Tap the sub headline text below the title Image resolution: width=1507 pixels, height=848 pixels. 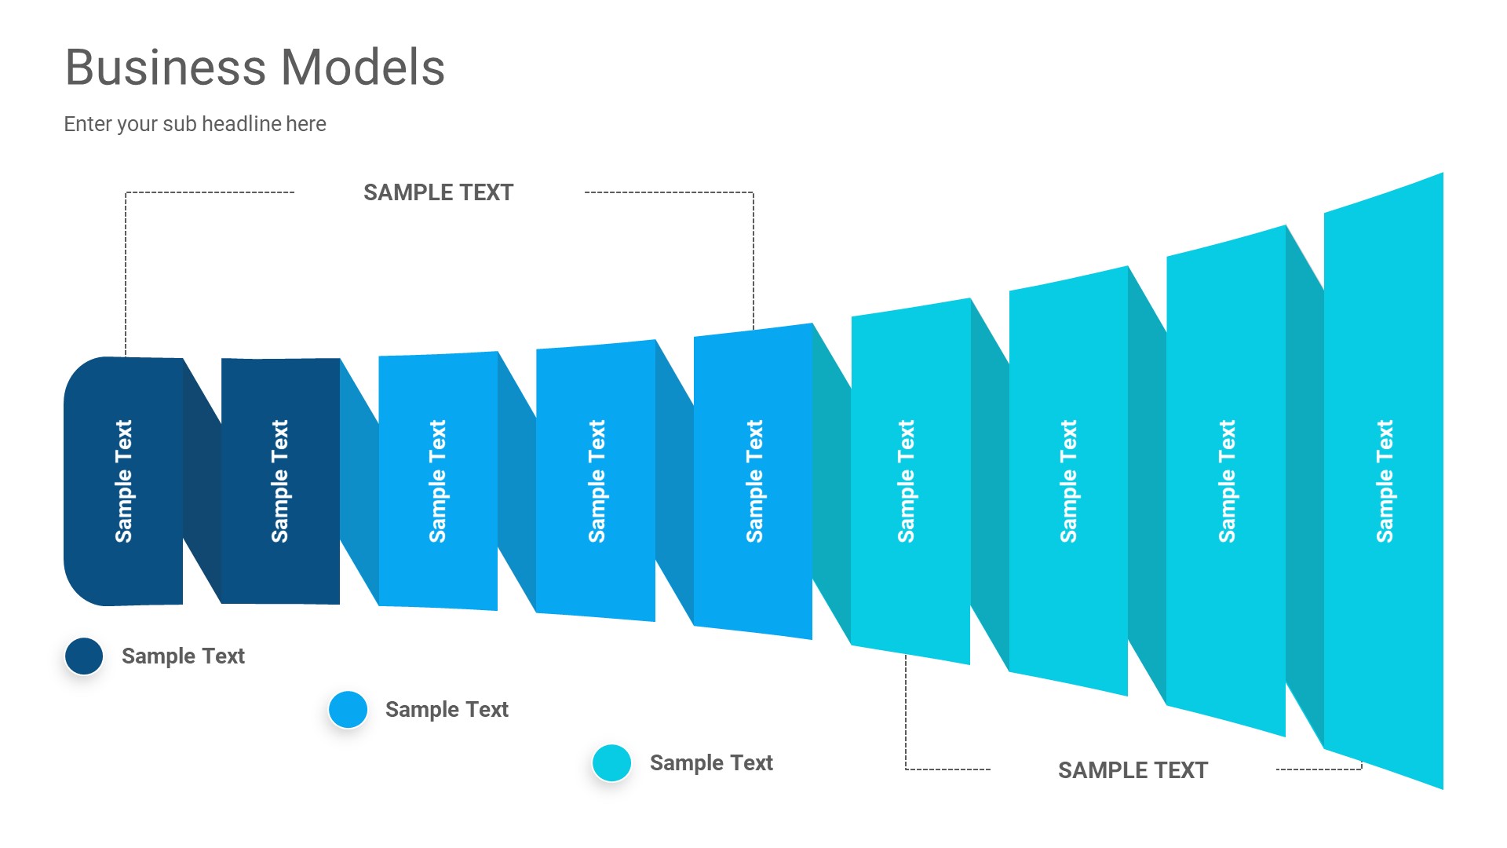point(195,124)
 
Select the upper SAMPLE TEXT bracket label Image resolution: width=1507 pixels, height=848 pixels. point(438,192)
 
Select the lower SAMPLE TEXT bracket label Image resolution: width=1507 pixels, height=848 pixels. point(1133,770)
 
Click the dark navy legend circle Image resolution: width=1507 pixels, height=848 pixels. point(84,656)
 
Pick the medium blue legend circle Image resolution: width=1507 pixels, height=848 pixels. point(348,710)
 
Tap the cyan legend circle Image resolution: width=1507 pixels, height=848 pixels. point(611,763)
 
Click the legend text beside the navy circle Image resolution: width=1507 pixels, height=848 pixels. point(183,656)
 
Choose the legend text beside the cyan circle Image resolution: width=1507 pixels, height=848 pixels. point(711,763)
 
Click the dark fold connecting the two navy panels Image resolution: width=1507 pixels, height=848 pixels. point(202,481)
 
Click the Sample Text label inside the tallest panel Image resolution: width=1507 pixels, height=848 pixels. point(1385,481)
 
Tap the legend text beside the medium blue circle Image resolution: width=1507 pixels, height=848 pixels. point(447,710)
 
